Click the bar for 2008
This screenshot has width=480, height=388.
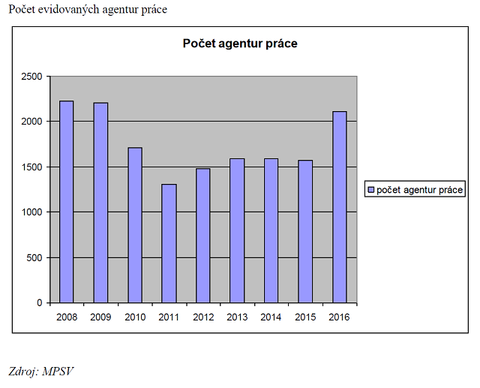(x=67, y=202)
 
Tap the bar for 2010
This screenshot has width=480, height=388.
(x=135, y=225)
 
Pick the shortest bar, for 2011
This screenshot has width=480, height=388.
(x=169, y=243)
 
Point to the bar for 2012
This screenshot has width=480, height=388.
(x=202, y=236)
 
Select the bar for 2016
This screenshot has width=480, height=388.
(x=339, y=207)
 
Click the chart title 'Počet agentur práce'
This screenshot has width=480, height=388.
(x=240, y=44)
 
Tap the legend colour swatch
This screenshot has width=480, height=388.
(x=370, y=190)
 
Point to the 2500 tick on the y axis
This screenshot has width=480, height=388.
(x=31, y=77)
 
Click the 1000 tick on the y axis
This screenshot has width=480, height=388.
(x=31, y=212)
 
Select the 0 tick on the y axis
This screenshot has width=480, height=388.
(x=40, y=303)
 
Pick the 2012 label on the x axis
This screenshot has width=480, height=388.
(x=202, y=317)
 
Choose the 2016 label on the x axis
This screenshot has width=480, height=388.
(x=339, y=317)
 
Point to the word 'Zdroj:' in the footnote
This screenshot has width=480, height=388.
(x=23, y=371)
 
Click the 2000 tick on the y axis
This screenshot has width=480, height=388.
(x=31, y=122)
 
